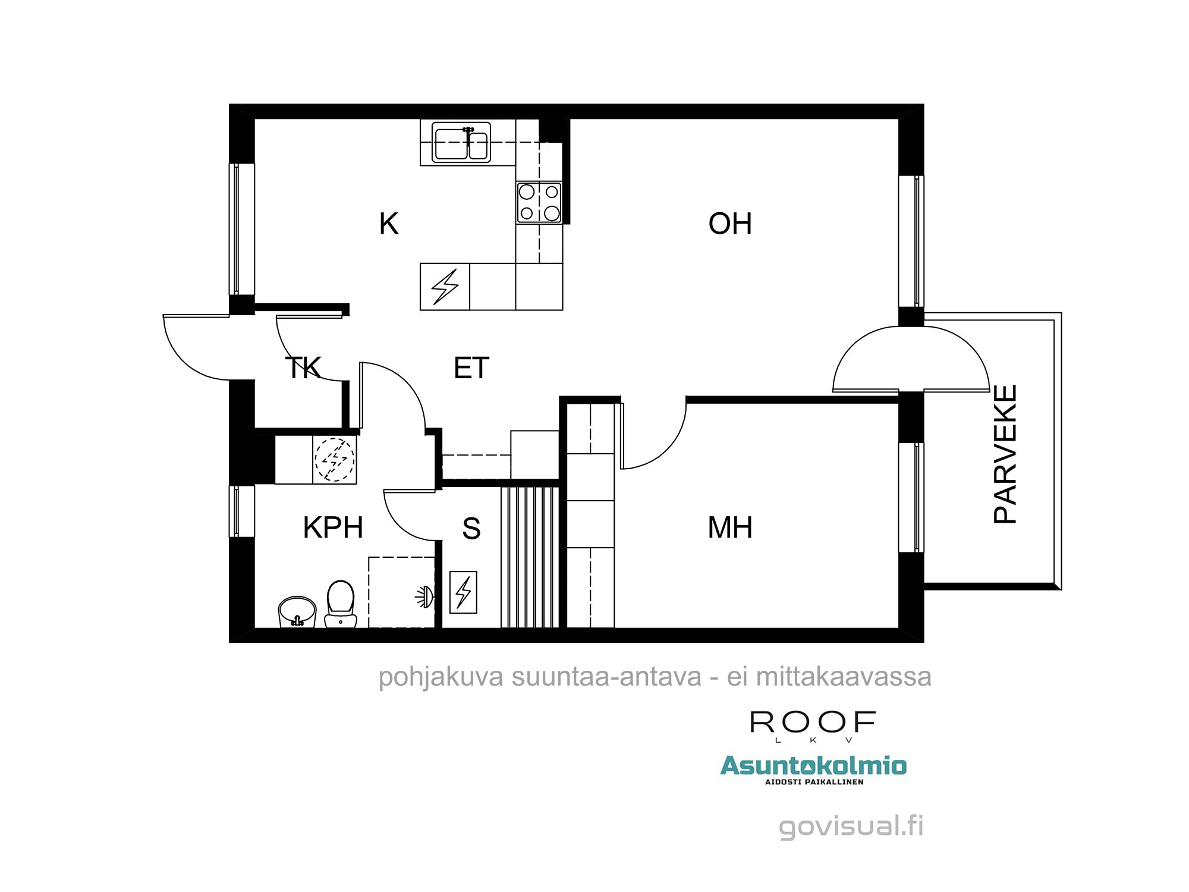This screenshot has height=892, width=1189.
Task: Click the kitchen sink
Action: pos(461,143)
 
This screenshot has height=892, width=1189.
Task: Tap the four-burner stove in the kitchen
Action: pos(539,203)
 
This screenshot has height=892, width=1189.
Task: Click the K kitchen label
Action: pos(389,224)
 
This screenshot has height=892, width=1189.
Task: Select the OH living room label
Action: pos(730,224)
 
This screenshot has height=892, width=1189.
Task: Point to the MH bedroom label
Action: pos(730,527)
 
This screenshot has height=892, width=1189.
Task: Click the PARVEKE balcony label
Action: pos(1005,454)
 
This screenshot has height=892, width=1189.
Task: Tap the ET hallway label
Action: pos(471,368)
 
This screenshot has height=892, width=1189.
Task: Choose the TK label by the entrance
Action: pos(303,368)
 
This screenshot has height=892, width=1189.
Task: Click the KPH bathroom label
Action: pos(333,527)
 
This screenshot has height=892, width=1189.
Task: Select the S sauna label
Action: pos(471,528)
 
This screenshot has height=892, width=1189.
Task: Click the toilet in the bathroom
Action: pos(341,604)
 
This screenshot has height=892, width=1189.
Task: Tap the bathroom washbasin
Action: pos(297,612)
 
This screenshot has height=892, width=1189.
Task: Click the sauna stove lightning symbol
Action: pos(463,592)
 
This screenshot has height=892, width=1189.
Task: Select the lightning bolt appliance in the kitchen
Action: pos(445,287)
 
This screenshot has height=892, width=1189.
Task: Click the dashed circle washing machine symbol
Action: pos(335,459)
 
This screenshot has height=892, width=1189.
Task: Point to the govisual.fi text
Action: pos(851,827)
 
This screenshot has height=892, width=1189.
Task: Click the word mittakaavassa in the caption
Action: pos(844,677)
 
